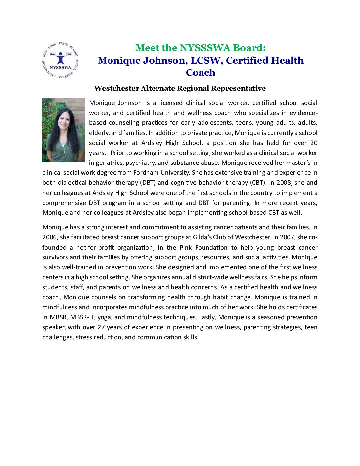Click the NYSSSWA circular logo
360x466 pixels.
coord(60,61)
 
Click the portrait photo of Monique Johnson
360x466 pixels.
coord(64,130)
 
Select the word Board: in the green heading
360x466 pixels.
coord(249,48)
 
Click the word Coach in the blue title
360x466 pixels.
coord(201,73)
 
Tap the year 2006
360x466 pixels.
coord(49,237)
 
